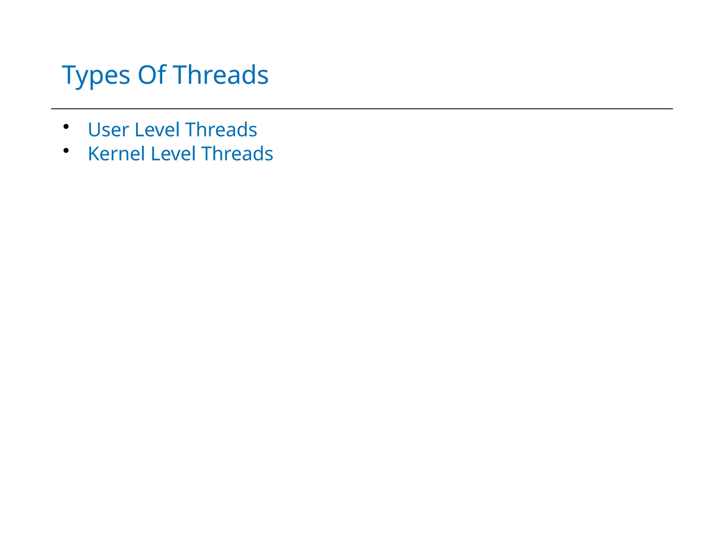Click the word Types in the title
click(x=96, y=75)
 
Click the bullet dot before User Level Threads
click(x=66, y=126)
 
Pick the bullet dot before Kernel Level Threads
click(x=66, y=150)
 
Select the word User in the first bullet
click(x=108, y=130)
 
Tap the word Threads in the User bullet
click(x=221, y=130)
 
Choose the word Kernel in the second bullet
click(x=116, y=154)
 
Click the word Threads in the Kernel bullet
click(x=237, y=154)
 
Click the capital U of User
click(x=94, y=130)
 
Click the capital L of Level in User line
click(x=139, y=130)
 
